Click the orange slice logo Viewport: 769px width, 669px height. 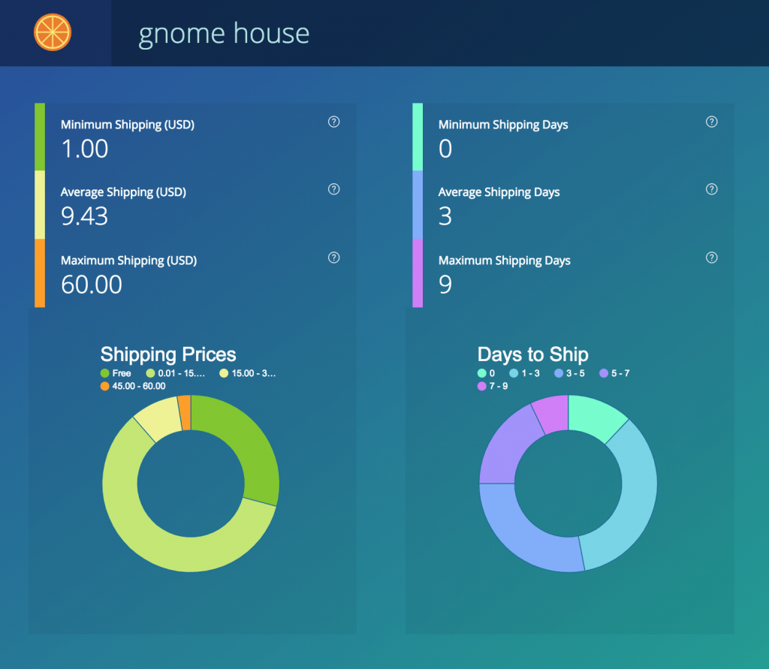click(53, 33)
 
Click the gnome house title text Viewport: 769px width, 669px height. click(224, 34)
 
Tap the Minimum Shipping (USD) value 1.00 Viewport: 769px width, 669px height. click(85, 149)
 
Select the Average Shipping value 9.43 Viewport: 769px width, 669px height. click(85, 216)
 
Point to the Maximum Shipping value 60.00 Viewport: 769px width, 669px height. click(92, 285)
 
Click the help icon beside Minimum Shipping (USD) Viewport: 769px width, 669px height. click(334, 122)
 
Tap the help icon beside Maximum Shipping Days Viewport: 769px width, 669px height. click(712, 258)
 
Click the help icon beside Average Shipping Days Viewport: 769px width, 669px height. click(712, 189)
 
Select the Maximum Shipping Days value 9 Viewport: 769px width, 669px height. click(445, 285)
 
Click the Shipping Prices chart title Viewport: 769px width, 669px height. click(168, 354)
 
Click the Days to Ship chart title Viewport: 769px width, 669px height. click(533, 354)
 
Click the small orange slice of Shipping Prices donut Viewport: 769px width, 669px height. click(185, 412)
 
